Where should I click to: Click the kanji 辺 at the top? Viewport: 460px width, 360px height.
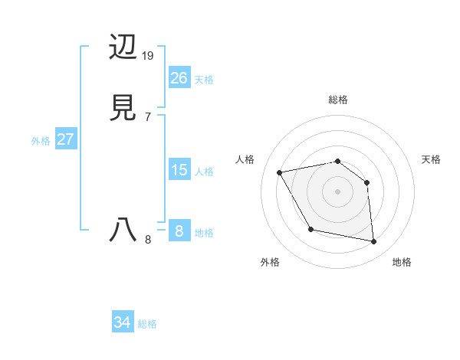(x=123, y=48)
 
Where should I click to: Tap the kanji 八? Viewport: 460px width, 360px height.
(x=123, y=230)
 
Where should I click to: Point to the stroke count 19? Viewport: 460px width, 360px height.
(x=148, y=56)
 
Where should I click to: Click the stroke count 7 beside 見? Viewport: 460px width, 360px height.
(x=147, y=117)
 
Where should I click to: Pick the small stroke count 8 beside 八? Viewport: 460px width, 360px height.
(x=147, y=240)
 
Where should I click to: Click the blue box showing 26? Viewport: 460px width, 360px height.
(x=179, y=77)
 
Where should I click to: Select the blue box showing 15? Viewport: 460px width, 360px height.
(x=179, y=169)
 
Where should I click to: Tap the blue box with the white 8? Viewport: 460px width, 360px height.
(x=179, y=231)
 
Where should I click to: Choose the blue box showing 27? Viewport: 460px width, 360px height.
(x=65, y=139)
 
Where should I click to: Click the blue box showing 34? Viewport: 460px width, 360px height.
(x=123, y=322)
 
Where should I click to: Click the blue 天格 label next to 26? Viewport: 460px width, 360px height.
(x=204, y=79)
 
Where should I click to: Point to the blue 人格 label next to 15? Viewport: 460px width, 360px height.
(x=204, y=171)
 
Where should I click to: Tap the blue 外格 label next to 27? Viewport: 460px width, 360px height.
(x=41, y=141)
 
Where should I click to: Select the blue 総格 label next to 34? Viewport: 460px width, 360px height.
(x=147, y=324)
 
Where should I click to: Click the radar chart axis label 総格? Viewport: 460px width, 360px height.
(x=337, y=100)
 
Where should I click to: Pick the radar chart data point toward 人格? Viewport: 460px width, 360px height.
(x=280, y=172)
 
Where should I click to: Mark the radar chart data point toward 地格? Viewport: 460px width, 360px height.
(x=374, y=242)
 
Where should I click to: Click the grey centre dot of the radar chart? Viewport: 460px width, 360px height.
(x=337, y=191)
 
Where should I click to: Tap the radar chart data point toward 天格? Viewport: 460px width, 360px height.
(x=367, y=182)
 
